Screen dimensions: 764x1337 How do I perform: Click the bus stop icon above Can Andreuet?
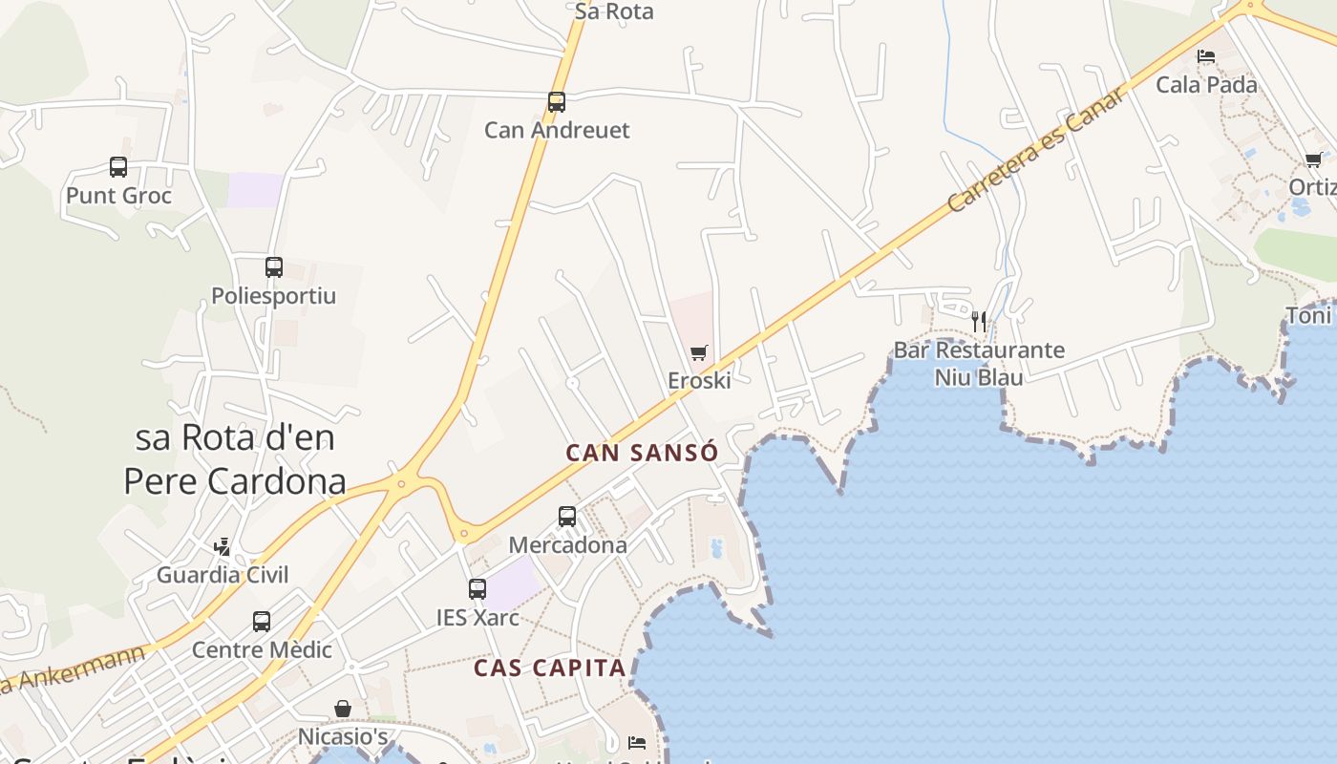coord(556,101)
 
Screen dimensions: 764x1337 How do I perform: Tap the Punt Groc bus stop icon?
coord(118,167)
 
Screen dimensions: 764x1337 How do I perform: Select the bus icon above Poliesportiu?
coord(274,267)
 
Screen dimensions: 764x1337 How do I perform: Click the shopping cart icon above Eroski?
coord(699,353)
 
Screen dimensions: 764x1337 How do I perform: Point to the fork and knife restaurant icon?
coord(979,321)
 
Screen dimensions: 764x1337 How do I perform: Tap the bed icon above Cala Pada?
coord(1206,56)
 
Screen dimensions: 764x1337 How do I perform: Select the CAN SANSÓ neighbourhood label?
coord(641,453)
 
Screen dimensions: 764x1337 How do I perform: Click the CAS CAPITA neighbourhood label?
coord(549,668)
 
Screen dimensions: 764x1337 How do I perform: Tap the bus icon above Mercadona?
coord(567,517)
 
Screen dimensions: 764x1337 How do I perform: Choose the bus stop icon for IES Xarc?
coord(477,589)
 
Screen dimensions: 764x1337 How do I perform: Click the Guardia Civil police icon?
coord(223,546)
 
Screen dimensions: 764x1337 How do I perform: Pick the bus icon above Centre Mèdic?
coord(262,622)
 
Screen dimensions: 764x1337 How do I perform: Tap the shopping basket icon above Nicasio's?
coord(343,709)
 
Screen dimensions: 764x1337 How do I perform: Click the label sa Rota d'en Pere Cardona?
coord(235,459)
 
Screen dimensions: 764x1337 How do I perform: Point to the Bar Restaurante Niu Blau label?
coord(979,363)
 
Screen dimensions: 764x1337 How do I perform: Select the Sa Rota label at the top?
coord(614,11)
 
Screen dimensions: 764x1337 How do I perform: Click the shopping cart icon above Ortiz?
coord(1313,160)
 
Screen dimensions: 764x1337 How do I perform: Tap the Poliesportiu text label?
coord(274,295)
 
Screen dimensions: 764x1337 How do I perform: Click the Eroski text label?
coord(699,380)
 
